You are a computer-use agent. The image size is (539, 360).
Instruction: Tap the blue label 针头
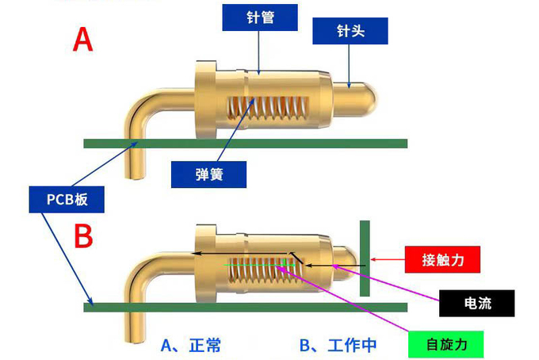[349, 32]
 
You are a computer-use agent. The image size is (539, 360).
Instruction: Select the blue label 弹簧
[208, 174]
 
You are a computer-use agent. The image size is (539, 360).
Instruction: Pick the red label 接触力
[443, 259]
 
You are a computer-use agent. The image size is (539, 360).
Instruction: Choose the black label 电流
[477, 302]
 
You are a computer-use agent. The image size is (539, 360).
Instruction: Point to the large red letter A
[82, 40]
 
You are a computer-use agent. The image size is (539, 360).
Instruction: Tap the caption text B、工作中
[338, 345]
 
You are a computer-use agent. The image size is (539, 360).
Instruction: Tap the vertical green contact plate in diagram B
[365, 259]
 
